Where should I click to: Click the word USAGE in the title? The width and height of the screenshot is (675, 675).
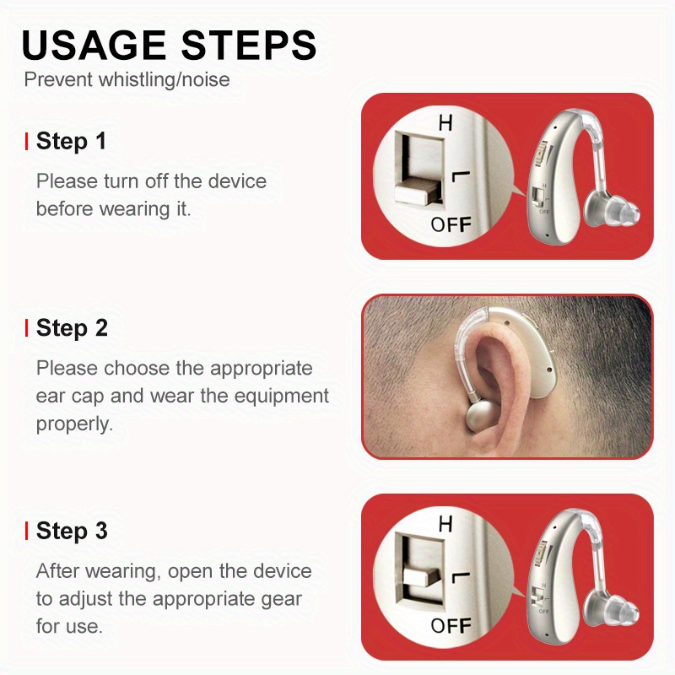94,45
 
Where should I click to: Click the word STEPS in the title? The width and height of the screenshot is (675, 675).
249,45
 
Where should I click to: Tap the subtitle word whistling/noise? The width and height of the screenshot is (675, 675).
164,80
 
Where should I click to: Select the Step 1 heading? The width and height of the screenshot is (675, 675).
71,141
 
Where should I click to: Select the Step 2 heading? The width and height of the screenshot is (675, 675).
72,328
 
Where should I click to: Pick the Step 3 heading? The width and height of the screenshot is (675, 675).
72,531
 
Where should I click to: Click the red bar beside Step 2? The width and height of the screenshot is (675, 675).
27,328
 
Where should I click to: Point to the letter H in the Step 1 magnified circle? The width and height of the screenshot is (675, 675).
445,122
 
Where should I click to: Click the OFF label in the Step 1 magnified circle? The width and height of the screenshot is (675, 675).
451,224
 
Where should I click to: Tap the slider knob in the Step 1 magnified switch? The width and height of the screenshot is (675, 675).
418,192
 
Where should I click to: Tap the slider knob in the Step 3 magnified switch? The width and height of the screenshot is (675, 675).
422,578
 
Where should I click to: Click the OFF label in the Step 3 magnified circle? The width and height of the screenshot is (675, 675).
451,625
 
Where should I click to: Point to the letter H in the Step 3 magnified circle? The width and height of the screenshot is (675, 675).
445,524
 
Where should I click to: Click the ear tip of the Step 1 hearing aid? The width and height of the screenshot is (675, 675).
611,211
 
